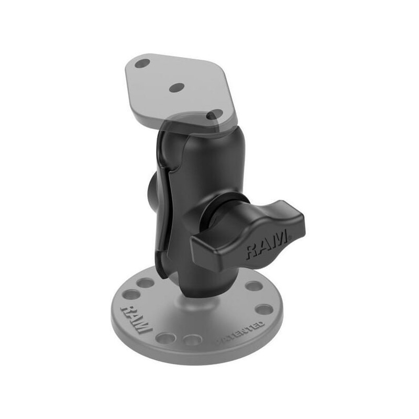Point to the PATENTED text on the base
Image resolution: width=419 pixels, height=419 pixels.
click(240, 333)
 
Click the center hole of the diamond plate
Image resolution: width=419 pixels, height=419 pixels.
click(177, 87)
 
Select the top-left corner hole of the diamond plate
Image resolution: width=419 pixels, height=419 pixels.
click(142, 63)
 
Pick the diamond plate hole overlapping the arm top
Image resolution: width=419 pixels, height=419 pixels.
click(215, 114)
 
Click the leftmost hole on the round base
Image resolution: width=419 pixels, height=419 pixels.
click(132, 295)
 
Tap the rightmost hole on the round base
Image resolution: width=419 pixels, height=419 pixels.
click(264, 310)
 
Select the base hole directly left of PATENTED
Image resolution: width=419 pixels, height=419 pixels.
click(192, 340)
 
